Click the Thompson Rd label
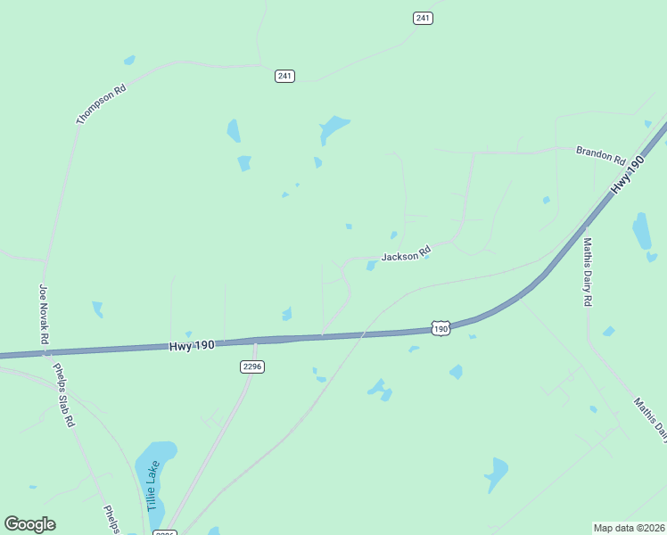(101, 104)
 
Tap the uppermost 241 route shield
(423, 18)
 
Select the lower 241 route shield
(284, 76)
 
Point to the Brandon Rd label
(600, 155)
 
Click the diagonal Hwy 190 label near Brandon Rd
(628, 176)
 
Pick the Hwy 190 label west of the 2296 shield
(192, 345)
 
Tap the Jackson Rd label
(406, 255)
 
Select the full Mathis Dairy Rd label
(588, 272)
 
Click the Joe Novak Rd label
(43, 314)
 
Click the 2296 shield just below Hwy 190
(252, 366)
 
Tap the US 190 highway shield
(441, 329)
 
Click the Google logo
(29, 524)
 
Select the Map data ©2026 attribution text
(629, 527)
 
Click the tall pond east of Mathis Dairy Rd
(642, 231)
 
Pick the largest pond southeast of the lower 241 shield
(333, 128)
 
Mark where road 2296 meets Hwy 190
(256, 341)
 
